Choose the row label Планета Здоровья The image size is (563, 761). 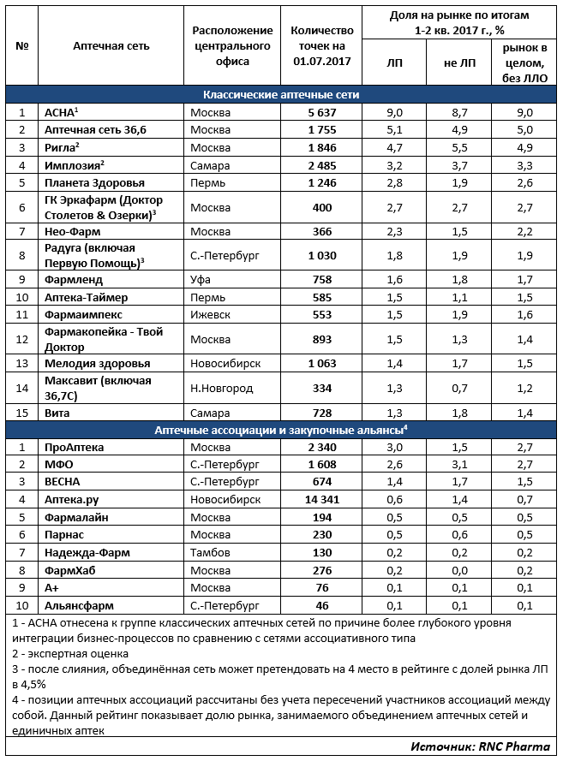94,182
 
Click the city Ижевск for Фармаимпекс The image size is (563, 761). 208,314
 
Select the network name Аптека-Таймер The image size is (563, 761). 86,296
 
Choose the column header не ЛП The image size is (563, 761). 459,63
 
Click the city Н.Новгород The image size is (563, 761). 221,387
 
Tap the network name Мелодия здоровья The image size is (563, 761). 96,363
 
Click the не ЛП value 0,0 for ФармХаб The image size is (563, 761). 459,570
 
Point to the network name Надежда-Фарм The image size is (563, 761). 87,552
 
